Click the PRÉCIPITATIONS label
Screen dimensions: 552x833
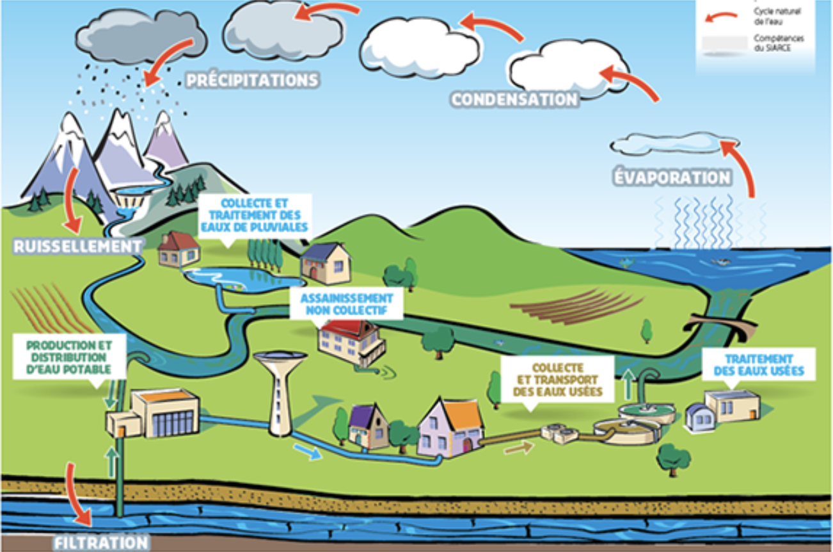[x=252, y=81]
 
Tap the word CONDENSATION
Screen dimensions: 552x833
[x=514, y=99]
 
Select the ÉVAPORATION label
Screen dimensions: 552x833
[x=672, y=177]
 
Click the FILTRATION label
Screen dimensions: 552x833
[x=100, y=542]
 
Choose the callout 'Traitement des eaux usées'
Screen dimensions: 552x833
[x=759, y=365]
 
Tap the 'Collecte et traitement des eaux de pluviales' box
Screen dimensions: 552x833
[x=255, y=215]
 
